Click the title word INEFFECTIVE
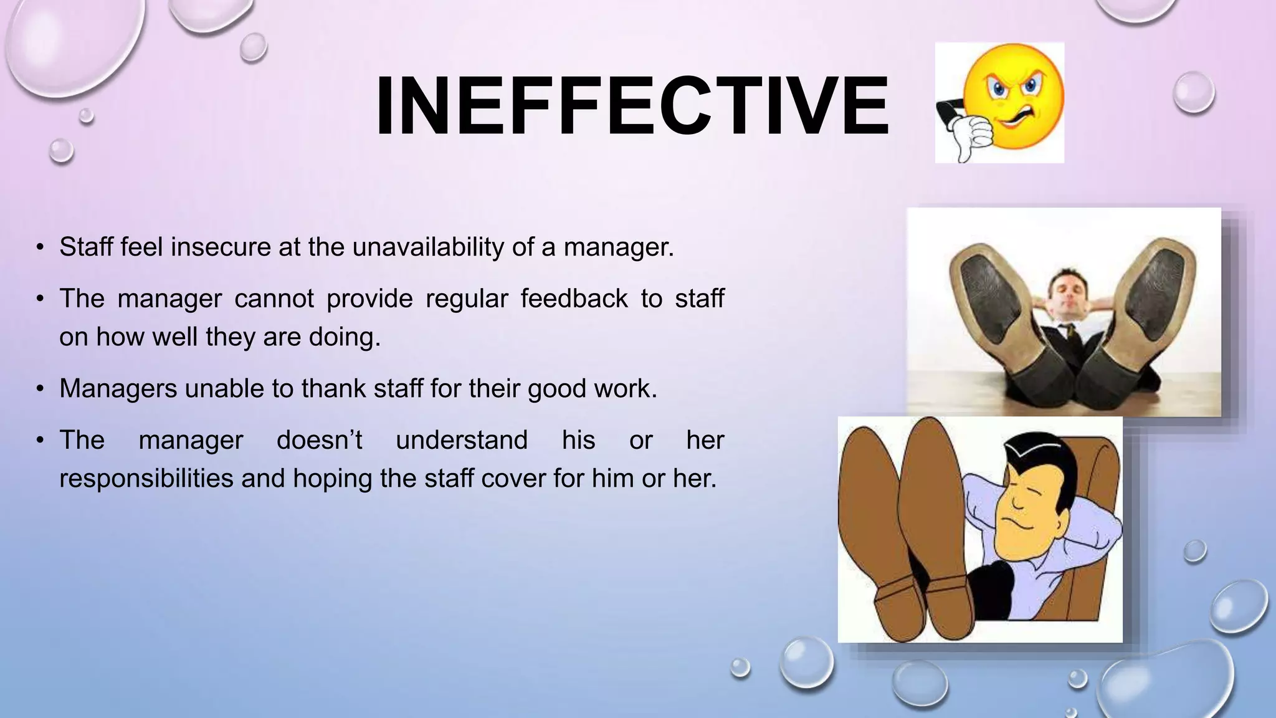(x=632, y=105)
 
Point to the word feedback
(x=574, y=299)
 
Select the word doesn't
(x=319, y=440)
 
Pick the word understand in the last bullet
(x=462, y=440)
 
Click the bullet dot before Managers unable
(x=40, y=389)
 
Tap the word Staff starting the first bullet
(x=86, y=247)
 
